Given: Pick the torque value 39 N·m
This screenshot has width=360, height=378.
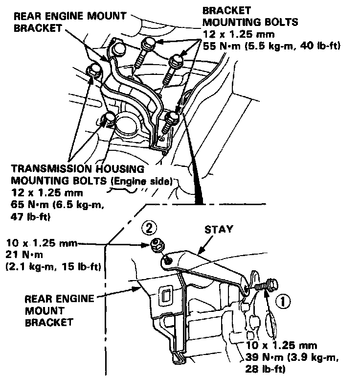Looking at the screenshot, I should click(x=267, y=357).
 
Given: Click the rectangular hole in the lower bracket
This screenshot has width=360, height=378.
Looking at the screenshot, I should click(x=165, y=296).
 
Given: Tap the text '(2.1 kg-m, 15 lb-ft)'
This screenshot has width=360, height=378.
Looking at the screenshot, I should click(x=53, y=267).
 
